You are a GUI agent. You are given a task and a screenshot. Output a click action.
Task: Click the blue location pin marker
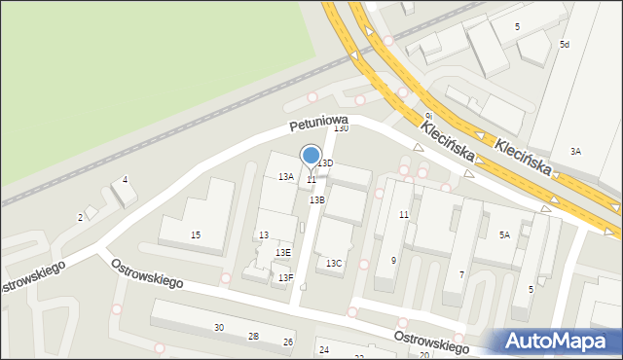point(311,156)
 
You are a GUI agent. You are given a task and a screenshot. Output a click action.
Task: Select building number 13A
point(286,177)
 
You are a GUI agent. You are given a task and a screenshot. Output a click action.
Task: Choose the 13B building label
point(317,199)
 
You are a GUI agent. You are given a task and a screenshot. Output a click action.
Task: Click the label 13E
point(282,253)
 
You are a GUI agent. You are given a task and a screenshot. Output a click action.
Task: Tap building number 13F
point(285,278)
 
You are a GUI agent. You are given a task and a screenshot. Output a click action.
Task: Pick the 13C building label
point(334,264)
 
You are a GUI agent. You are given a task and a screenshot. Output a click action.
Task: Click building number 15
point(196,235)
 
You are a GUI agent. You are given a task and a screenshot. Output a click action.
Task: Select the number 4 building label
point(125,180)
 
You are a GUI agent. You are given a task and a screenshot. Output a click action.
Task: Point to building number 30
point(219,328)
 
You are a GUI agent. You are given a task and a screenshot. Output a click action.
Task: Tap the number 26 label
point(288,342)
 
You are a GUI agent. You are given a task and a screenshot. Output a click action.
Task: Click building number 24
point(324,349)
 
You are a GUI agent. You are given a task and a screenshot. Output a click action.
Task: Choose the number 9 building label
point(393,260)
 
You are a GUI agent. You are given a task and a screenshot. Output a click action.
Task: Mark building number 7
point(461,275)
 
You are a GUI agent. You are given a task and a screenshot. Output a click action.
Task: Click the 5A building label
point(504,235)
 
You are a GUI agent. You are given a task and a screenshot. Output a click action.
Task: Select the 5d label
point(565,45)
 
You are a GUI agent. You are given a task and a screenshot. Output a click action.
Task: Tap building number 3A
point(575,151)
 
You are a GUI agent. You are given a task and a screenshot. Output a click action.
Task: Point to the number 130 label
point(341,128)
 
